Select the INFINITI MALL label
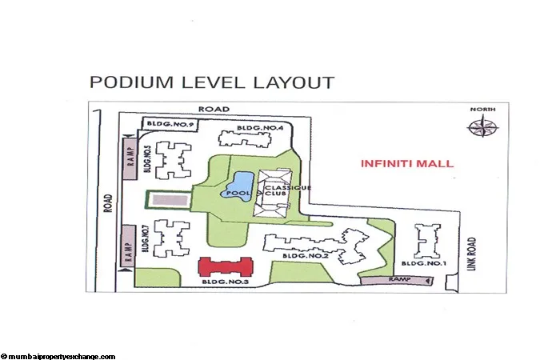(407, 163)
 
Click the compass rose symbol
(482, 128)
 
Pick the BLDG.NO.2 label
(303, 255)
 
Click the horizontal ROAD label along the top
(215, 109)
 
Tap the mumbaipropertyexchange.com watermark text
(59, 356)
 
